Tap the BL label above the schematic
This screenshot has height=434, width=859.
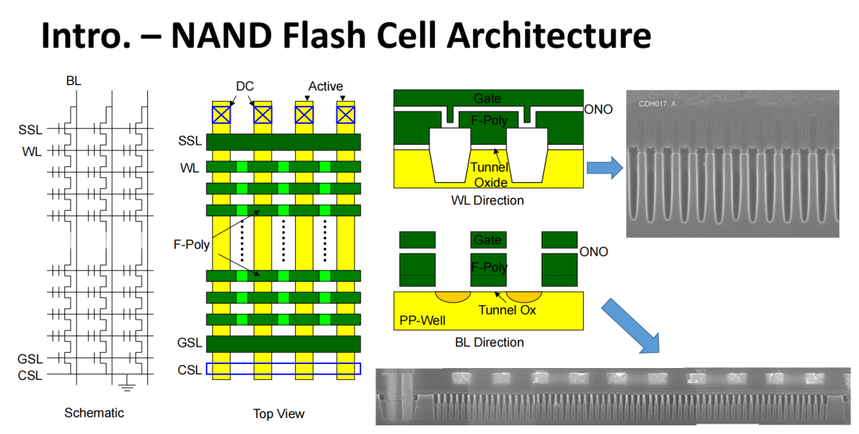[74, 81]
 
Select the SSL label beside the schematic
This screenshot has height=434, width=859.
[30, 129]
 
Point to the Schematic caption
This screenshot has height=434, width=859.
[94, 413]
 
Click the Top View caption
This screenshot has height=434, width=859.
[278, 413]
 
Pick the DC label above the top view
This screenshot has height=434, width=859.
[244, 86]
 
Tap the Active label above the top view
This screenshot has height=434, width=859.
[325, 86]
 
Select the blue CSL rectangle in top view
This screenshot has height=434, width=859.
[283, 369]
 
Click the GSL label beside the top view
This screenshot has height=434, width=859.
[190, 343]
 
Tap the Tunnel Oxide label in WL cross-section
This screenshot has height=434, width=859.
[488, 175]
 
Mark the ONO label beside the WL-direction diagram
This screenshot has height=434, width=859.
[598, 109]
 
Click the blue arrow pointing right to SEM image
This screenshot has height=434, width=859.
[604, 167]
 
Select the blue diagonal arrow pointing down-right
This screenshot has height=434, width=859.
[632, 325]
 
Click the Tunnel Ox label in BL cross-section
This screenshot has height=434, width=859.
[507, 310]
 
